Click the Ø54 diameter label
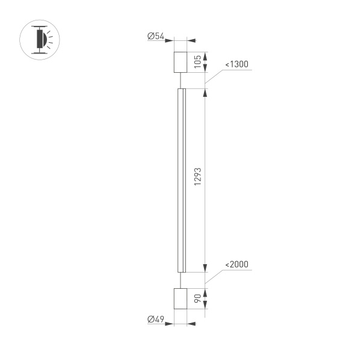[156, 37]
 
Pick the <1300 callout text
[236, 64]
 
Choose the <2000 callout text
[236, 265]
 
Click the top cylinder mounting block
[181, 62]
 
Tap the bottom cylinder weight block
[181, 298]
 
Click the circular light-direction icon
[41, 40]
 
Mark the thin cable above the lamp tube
[181, 81]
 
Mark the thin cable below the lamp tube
[181, 279]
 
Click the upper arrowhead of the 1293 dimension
[205, 93]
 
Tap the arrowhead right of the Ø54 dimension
[193, 41]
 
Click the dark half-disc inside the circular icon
[40, 40]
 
